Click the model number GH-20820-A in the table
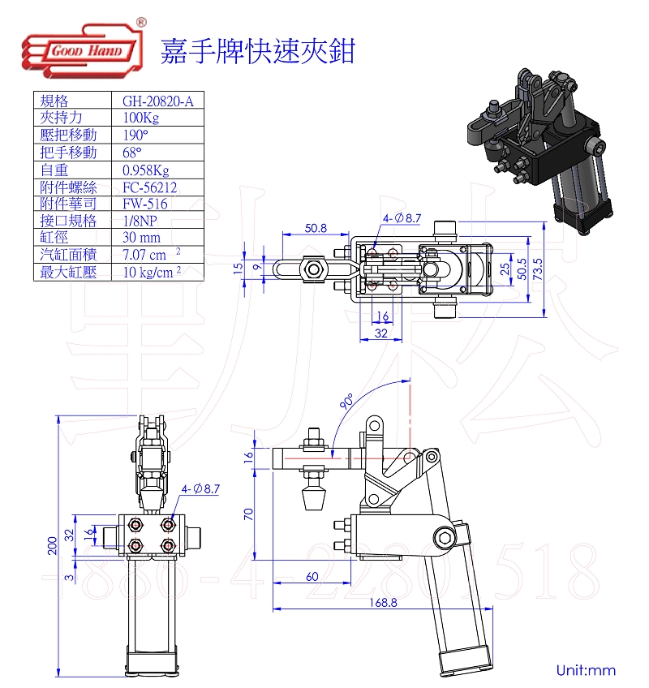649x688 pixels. tap(153, 101)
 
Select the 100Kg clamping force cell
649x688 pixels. tap(138, 118)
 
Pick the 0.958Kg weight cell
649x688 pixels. tap(146, 170)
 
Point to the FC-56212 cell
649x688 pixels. tap(149, 187)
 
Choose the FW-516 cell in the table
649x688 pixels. tap(145, 204)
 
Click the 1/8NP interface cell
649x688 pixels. tap(139, 221)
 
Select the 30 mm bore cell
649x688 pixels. tap(141, 238)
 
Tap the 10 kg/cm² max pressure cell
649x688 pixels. tap(151, 273)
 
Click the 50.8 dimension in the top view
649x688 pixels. tap(316, 228)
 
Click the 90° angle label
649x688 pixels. tap(346, 402)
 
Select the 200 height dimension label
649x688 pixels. tap(52, 545)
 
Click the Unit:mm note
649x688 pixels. tap(586, 670)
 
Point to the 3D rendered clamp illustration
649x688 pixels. tap(535, 146)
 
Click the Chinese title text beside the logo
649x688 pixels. tap(257, 50)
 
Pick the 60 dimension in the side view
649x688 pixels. tap(312, 577)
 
